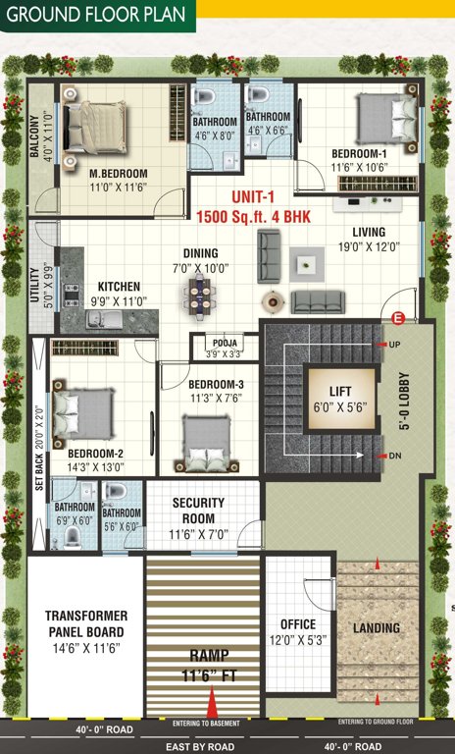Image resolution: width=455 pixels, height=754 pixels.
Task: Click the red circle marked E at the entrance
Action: click(398, 318)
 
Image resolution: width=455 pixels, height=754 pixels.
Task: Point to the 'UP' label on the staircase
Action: click(395, 346)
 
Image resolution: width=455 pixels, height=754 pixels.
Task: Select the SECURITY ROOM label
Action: click(199, 510)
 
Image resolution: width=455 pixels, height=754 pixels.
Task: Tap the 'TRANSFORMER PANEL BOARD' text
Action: click(85, 623)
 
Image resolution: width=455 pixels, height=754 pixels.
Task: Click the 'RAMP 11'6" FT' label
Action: click(206, 668)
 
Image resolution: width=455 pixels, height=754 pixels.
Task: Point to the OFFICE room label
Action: click(298, 624)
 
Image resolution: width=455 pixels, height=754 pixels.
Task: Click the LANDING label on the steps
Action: click(377, 627)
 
